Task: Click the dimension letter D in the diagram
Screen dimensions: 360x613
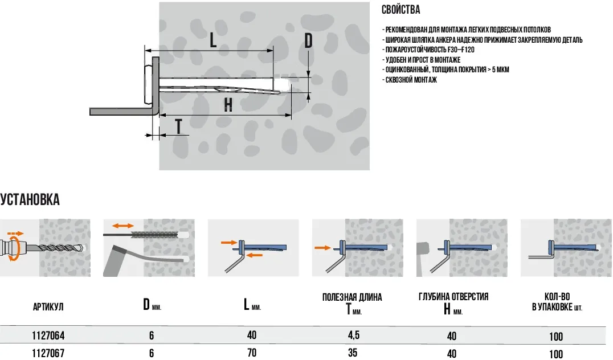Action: [308, 41]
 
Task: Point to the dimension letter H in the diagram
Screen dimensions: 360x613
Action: [228, 105]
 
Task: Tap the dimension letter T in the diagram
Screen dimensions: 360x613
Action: [179, 126]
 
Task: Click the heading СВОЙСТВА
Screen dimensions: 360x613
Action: [401, 10]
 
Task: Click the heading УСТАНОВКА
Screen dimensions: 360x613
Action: [30, 200]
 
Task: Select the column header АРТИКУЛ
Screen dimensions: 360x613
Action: [48, 307]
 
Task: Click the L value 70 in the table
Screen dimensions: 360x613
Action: [252, 353]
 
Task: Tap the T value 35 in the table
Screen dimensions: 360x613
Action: [353, 353]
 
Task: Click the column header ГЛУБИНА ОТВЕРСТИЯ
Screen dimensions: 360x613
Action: [453, 297]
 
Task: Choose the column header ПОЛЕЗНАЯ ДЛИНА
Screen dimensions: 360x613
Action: [352, 297]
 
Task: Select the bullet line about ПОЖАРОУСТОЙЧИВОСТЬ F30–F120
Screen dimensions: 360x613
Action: [429, 50]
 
